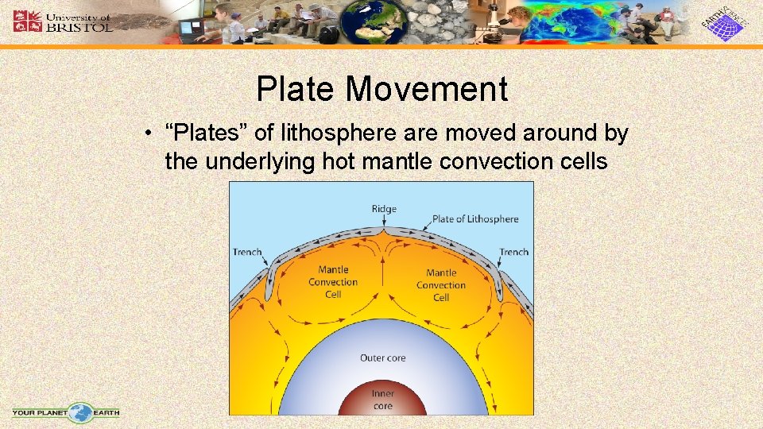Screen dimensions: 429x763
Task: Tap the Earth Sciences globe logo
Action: tap(724, 23)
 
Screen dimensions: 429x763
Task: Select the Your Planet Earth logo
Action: tap(66, 412)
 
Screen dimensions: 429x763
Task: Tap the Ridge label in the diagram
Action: tap(383, 209)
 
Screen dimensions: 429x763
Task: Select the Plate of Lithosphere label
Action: tap(474, 219)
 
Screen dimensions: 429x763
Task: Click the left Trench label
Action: tap(247, 252)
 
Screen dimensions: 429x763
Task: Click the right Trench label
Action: tap(513, 252)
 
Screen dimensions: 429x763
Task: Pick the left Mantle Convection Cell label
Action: tap(333, 282)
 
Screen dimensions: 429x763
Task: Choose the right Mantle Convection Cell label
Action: tap(441, 285)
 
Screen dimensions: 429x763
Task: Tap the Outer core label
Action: tap(382, 358)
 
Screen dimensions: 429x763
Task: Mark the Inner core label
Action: tap(382, 400)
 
